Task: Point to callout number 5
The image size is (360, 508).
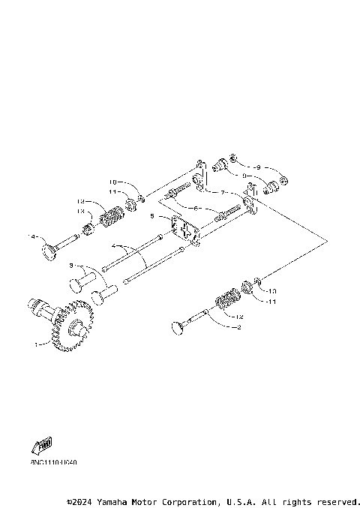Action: click(x=151, y=215)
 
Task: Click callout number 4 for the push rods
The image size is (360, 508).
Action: click(x=113, y=245)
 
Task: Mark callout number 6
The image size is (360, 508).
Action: click(x=196, y=208)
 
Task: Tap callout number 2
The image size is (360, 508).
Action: click(x=238, y=328)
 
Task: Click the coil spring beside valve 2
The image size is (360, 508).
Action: click(x=225, y=301)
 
